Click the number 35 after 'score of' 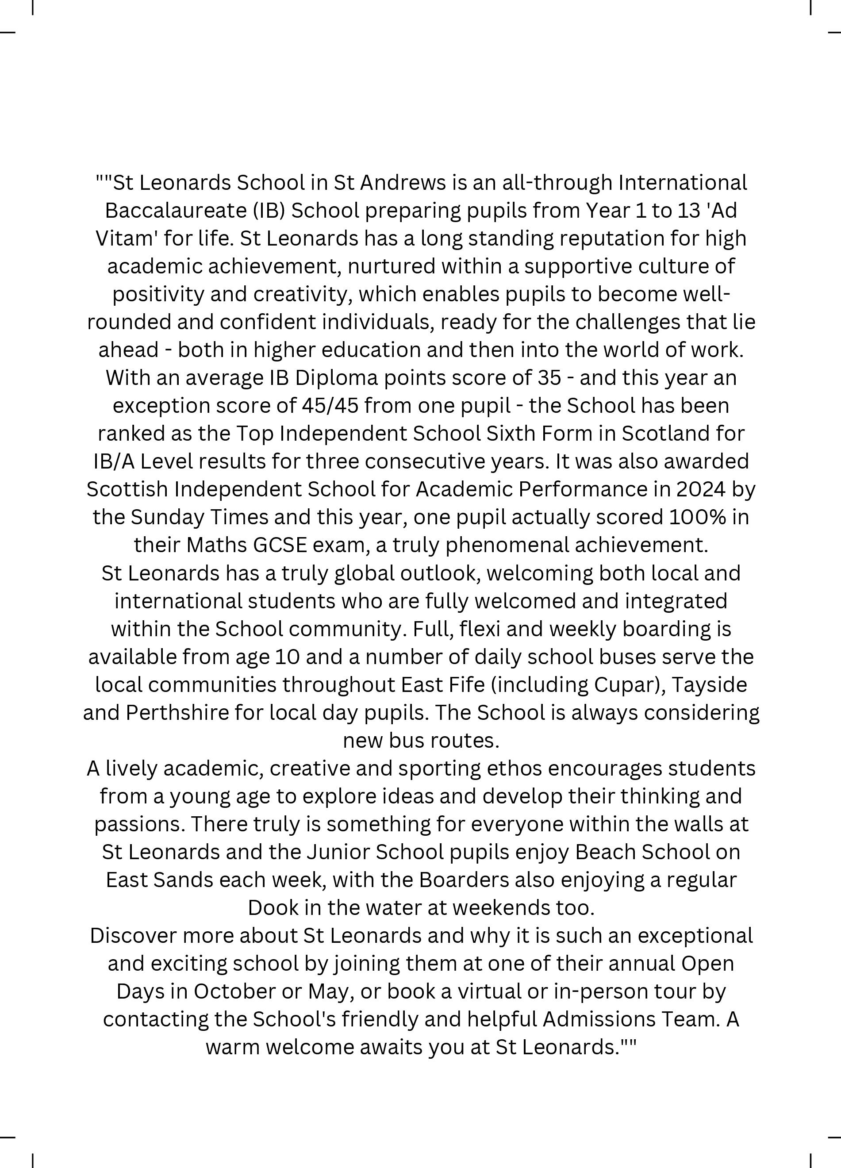point(549,378)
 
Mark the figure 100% point(697,517)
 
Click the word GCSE point(280,545)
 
